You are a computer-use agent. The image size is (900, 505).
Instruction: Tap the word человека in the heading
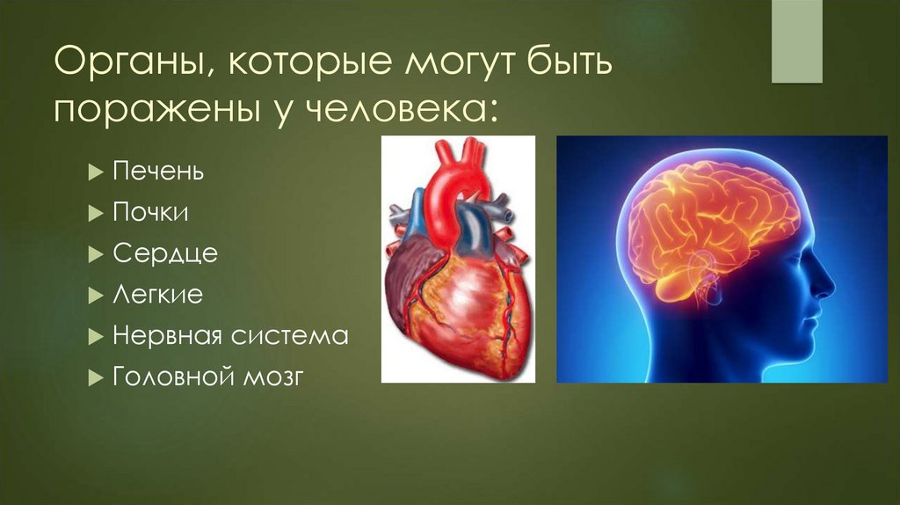[x=396, y=110]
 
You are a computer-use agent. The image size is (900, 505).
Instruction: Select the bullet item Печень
[x=158, y=172]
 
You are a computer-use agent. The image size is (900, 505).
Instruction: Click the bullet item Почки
[x=150, y=213]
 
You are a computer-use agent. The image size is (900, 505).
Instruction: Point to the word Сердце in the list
[x=164, y=253]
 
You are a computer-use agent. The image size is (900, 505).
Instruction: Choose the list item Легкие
[x=157, y=295]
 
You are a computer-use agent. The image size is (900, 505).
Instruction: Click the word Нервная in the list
[x=167, y=336]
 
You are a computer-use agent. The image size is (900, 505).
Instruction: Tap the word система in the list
[x=290, y=336]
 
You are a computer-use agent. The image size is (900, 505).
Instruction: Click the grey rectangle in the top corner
[x=796, y=41]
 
